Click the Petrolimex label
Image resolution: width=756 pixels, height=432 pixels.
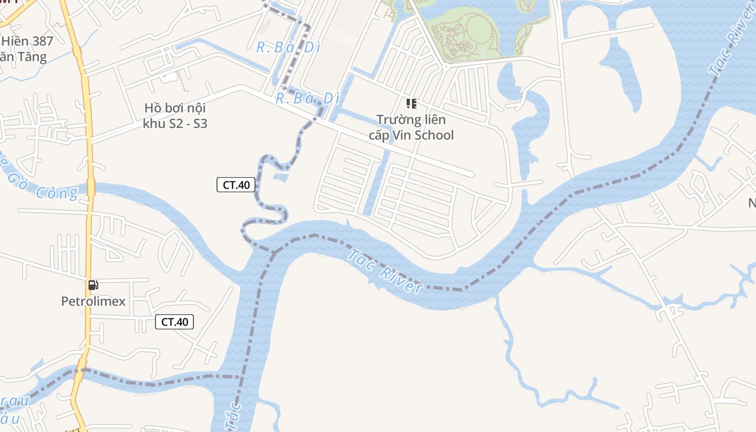pos(93,301)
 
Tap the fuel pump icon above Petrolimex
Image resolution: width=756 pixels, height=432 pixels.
pos(93,285)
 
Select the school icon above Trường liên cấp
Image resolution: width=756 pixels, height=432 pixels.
pos(411,103)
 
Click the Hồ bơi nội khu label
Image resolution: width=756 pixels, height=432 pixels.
pos(175,109)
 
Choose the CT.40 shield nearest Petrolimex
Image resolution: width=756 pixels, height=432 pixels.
pos(174,322)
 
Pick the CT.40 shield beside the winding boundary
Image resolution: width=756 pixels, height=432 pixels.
pos(236,185)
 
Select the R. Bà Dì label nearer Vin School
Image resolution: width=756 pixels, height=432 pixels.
pos(307,98)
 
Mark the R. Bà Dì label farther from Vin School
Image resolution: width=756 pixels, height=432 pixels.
pos(288,48)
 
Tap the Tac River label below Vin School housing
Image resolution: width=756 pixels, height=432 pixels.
pos(384,271)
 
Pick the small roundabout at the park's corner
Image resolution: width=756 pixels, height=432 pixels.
pos(446,66)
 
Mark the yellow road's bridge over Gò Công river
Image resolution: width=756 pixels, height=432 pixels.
pos(91,187)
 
